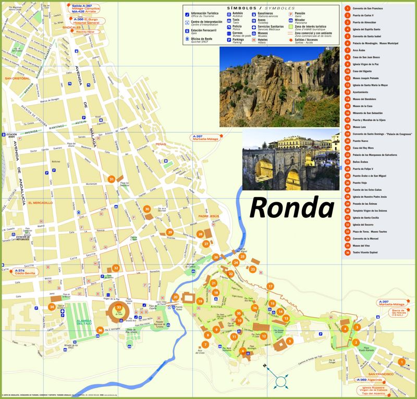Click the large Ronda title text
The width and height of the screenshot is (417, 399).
coord(291,208)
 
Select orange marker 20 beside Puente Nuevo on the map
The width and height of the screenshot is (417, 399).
coord(176,297)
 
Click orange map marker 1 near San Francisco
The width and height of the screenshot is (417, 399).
coord(401,362)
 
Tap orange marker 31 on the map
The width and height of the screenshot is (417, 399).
coord(111,179)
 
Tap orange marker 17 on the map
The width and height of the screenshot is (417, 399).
coord(270,286)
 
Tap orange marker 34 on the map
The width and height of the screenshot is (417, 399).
coord(52,307)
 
